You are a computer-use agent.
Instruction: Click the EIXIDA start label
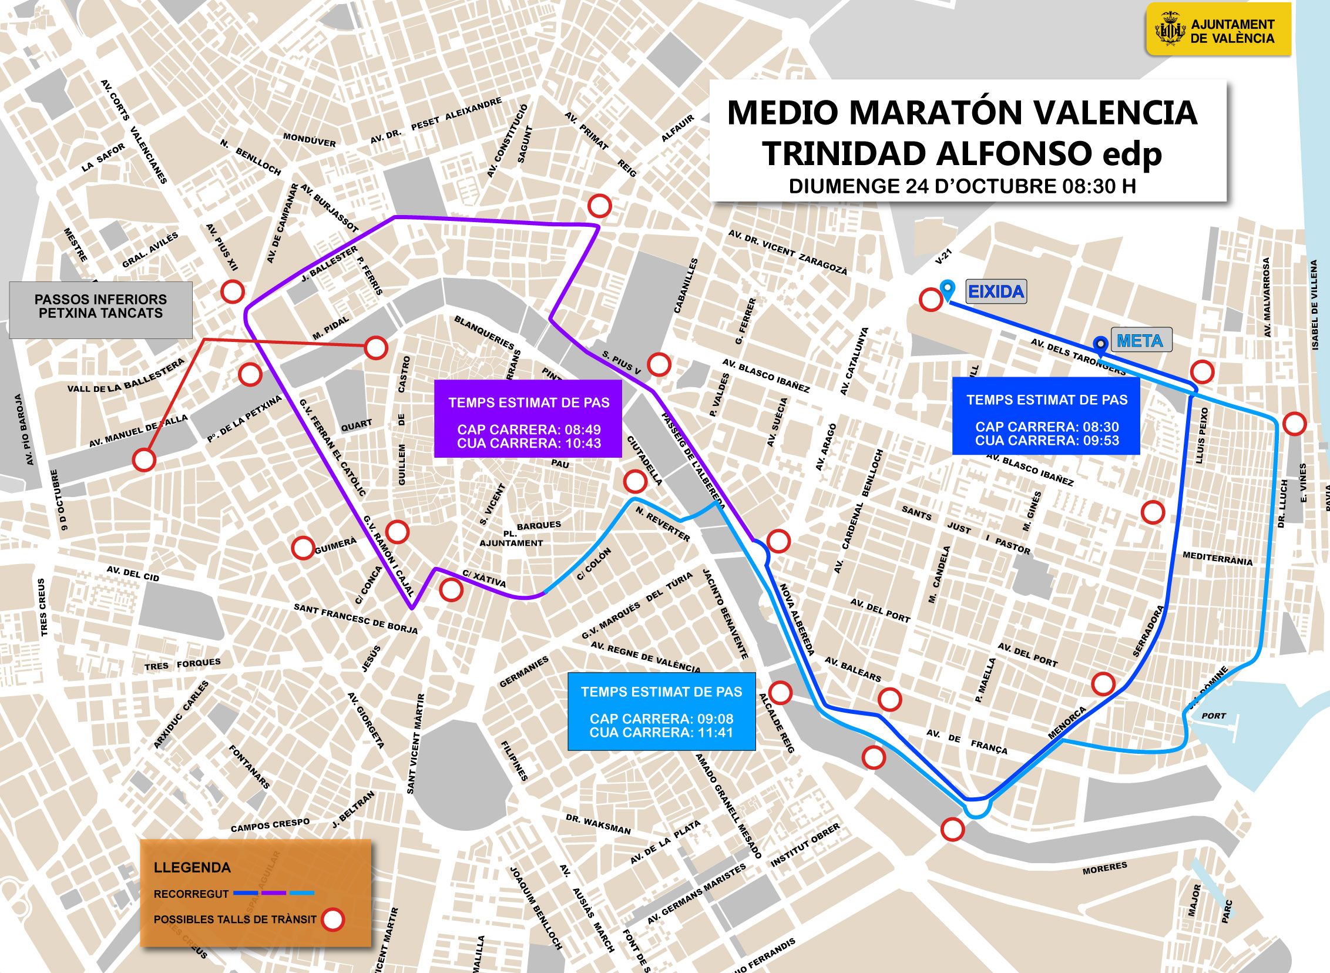click(996, 291)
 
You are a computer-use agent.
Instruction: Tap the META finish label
click(1139, 341)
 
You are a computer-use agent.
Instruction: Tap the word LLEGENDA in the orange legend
click(192, 868)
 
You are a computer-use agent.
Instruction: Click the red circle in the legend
click(334, 920)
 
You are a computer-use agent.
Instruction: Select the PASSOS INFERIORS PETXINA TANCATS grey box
click(100, 307)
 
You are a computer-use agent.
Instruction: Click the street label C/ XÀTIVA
click(484, 578)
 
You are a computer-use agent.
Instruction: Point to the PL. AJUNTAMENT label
click(511, 538)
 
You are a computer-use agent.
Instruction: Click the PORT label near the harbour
click(1214, 716)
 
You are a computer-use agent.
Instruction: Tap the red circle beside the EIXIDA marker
click(931, 300)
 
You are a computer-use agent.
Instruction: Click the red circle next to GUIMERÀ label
click(303, 548)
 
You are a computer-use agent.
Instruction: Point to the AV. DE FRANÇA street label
click(967, 741)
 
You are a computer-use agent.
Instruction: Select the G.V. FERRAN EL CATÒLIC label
click(332, 447)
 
